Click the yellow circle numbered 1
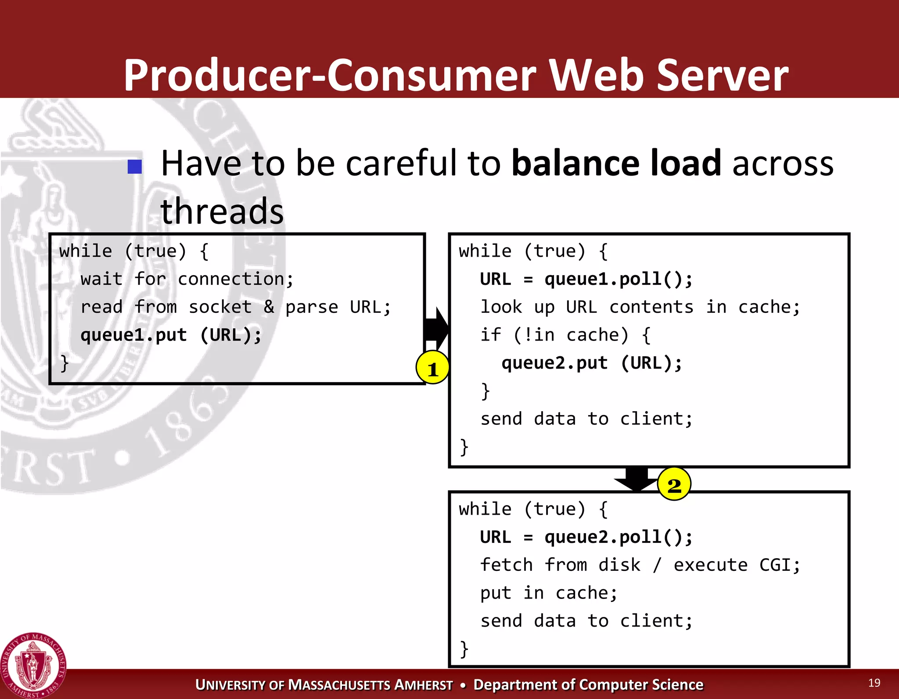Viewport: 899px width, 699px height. tap(432, 368)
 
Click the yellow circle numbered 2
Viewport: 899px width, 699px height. tap(674, 484)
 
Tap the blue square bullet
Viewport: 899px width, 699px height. tap(135, 166)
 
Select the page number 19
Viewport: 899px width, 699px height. tap(874, 683)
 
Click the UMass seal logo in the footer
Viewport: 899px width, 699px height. tap(33, 665)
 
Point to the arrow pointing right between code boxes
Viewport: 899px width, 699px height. tap(436, 328)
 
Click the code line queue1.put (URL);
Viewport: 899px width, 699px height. tap(171, 335)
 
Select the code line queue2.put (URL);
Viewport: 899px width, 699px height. tap(592, 363)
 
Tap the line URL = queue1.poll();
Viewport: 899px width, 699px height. tap(586, 279)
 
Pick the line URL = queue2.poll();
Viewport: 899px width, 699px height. tap(586, 537)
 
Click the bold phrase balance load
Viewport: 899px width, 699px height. tap(616, 163)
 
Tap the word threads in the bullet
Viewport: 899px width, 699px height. tap(222, 211)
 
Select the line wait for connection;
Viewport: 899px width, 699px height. tap(187, 279)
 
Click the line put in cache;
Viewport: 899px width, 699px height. tap(549, 593)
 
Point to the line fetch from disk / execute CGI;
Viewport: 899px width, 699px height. tap(640, 565)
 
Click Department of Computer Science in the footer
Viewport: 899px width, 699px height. tap(588, 685)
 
